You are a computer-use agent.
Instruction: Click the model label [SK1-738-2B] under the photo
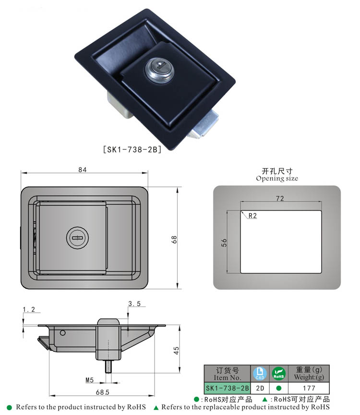tap(132, 149)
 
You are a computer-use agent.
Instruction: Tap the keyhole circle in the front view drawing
tap(76, 237)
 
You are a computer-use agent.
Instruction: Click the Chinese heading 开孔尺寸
tap(277, 171)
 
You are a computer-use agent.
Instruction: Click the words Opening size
tap(277, 178)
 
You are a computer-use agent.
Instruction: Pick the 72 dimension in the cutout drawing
tap(280, 198)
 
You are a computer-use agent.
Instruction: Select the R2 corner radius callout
tap(252, 216)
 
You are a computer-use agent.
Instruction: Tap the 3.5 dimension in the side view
tap(134, 304)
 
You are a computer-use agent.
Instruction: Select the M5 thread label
tap(89, 380)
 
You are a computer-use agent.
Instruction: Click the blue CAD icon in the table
tap(259, 373)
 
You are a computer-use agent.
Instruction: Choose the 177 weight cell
tap(309, 388)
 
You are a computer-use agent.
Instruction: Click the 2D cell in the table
tap(259, 388)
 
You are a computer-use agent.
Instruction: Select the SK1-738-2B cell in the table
tap(227, 388)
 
